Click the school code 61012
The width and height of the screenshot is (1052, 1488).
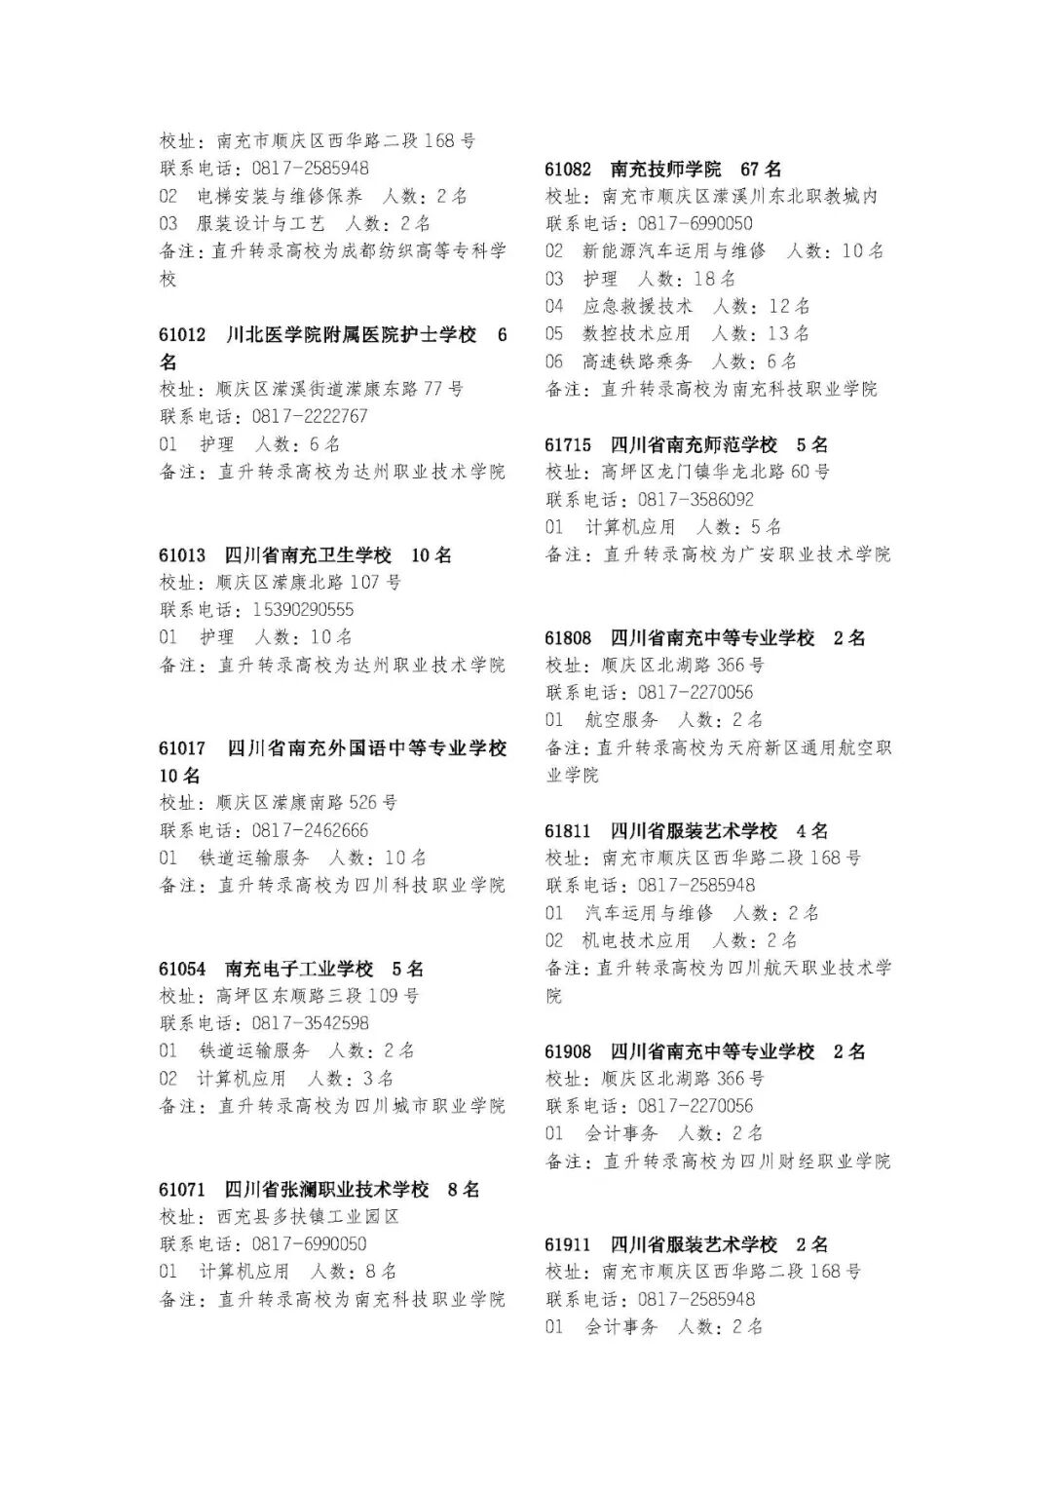(x=182, y=335)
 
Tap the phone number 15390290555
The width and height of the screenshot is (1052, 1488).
(x=303, y=610)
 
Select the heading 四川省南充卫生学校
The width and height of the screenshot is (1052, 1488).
(x=308, y=555)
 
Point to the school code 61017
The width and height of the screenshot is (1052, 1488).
(x=182, y=748)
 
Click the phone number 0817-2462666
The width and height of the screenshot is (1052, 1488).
(x=310, y=831)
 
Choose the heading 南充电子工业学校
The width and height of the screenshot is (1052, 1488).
(x=299, y=970)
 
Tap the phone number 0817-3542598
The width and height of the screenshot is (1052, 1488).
(x=310, y=1024)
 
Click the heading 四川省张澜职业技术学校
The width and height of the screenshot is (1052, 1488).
(x=326, y=1190)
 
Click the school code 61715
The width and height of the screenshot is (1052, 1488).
(x=568, y=445)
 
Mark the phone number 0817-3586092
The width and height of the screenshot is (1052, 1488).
(x=695, y=500)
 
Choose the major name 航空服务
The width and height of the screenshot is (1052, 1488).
(x=621, y=720)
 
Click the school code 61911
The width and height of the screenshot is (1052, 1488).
(x=568, y=1245)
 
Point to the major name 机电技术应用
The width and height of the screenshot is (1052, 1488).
(x=636, y=941)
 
